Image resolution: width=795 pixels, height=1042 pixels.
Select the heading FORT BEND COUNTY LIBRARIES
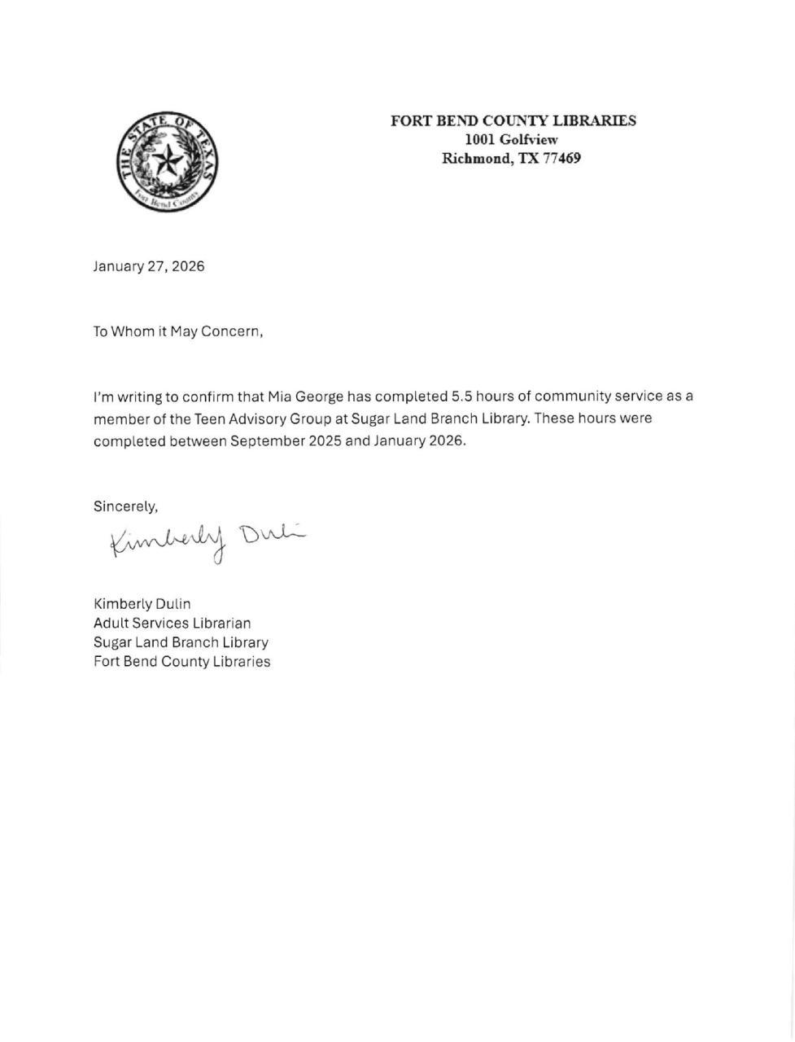pyautogui.click(x=513, y=121)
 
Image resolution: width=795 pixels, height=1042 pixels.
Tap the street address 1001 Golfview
pyautogui.click(x=511, y=140)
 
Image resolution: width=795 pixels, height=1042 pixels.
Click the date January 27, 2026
pyautogui.click(x=149, y=266)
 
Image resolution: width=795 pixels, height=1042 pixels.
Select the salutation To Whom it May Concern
pyautogui.click(x=178, y=332)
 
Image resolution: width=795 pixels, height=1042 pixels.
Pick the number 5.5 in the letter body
pyautogui.click(x=461, y=397)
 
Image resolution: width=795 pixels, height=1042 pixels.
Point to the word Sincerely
pyautogui.click(x=125, y=506)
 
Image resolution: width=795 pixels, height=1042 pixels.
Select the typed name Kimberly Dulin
pyautogui.click(x=142, y=604)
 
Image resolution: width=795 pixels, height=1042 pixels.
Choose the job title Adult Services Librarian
pyautogui.click(x=173, y=624)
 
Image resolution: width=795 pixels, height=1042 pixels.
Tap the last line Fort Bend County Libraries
pyautogui.click(x=182, y=662)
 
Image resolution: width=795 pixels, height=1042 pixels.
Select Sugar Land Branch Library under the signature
pyautogui.click(x=181, y=642)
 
